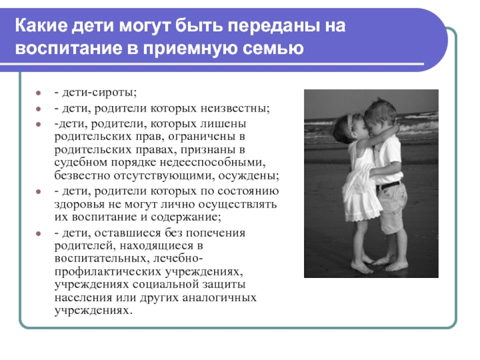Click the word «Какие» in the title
tap(41, 25)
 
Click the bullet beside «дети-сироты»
tap(38, 93)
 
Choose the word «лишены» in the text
tap(223, 124)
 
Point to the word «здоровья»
tap(79, 205)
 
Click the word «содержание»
tap(186, 217)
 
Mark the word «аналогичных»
tap(219, 298)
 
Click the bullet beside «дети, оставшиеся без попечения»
tap(38, 233)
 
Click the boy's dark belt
tap(389, 185)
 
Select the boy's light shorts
tap(392, 206)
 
